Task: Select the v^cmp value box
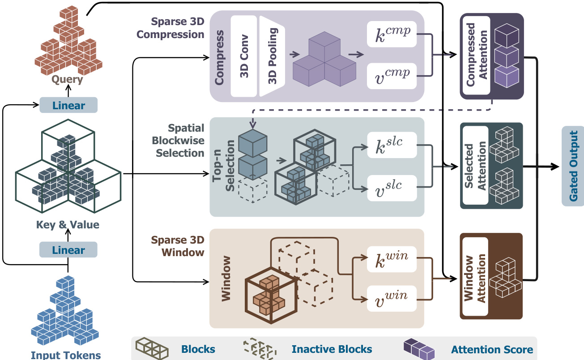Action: (392, 75)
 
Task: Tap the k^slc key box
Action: (392, 145)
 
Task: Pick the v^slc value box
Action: (392, 187)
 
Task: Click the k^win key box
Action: (392, 259)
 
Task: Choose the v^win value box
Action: (392, 299)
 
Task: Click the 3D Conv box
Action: (244, 56)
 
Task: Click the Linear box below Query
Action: (68, 106)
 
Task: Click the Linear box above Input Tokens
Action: (68, 250)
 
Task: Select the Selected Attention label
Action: (475, 166)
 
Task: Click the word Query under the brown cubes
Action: (67, 80)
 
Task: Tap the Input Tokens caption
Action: (66, 355)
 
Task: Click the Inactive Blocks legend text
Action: (332, 349)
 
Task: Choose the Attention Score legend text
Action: (492, 349)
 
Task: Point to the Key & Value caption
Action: (68, 225)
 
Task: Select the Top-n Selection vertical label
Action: (224, 166)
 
